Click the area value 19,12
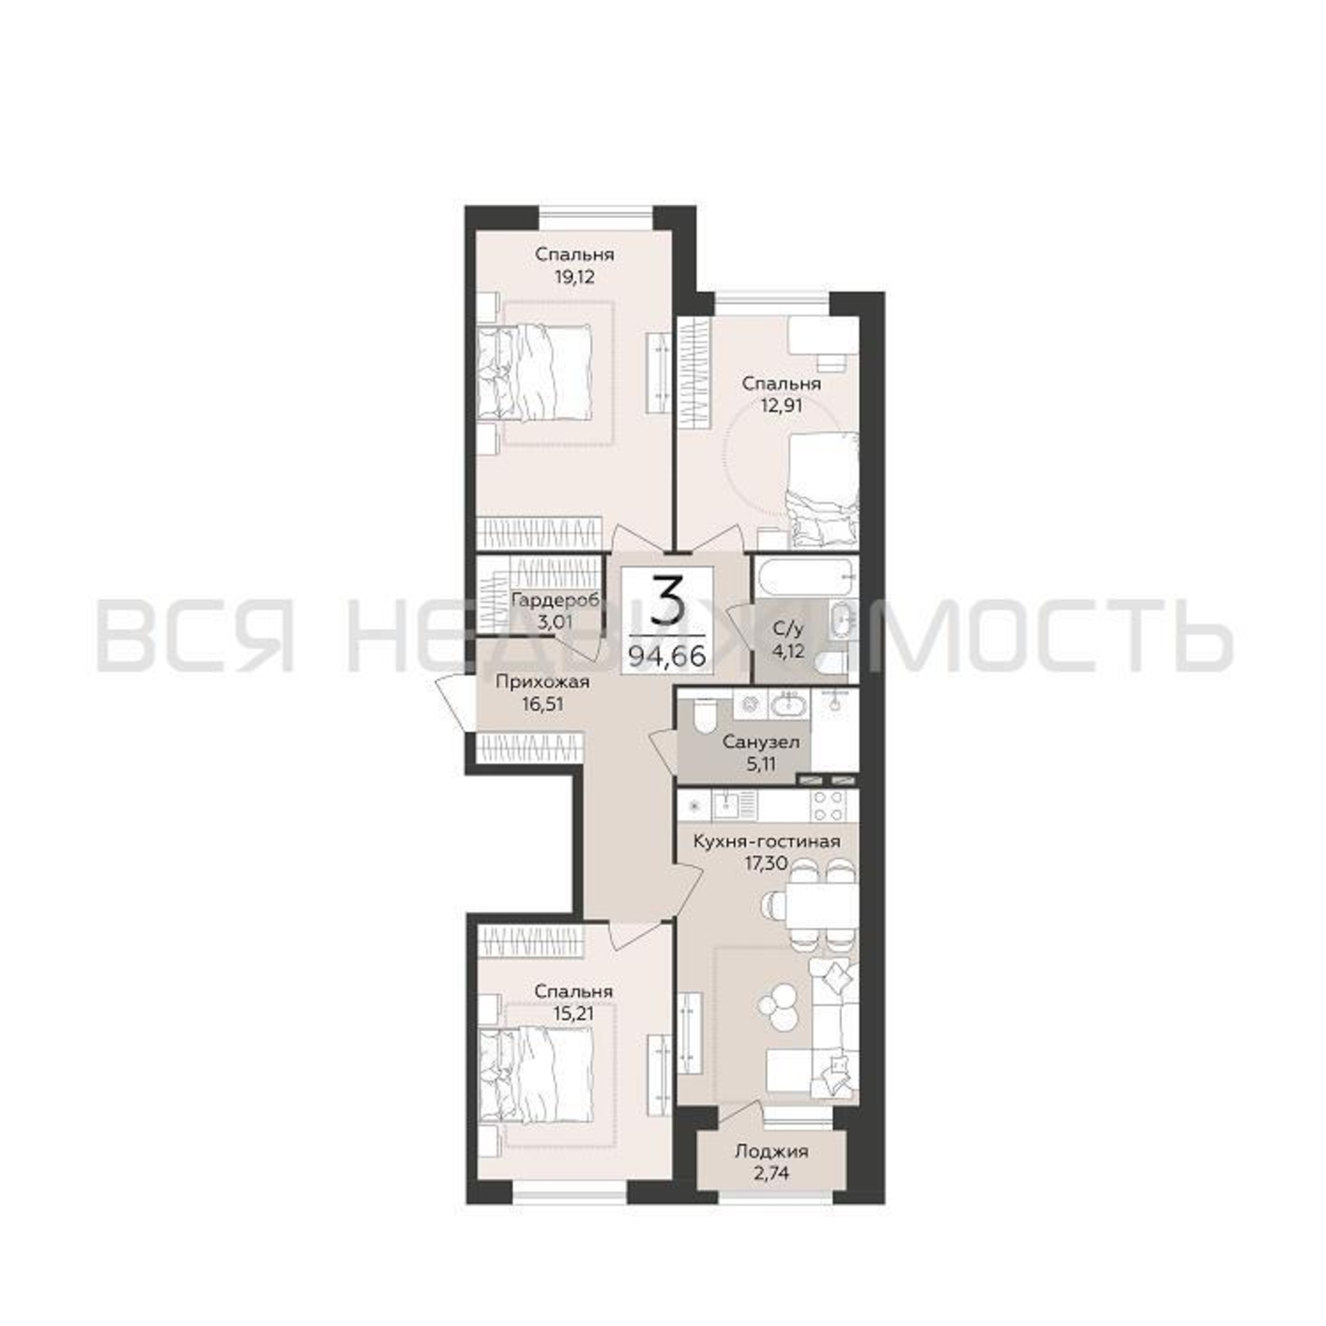(x=574, y=277)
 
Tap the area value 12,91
(x=781, y=405)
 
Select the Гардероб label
(x=556, y=599)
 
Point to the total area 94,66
(x=667, y=656)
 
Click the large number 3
(x=667, y=599)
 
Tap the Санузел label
(x=760, y=741)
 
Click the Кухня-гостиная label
(x=766, y=841)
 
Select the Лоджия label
(x=772, y=1151)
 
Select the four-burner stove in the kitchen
(x=829, y=806)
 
